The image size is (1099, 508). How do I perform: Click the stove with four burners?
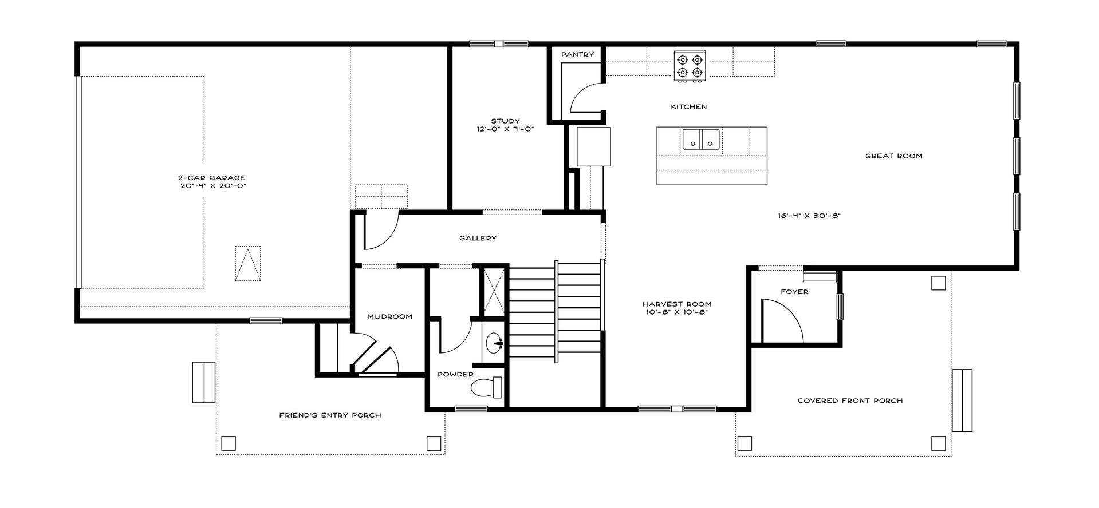point(690,66)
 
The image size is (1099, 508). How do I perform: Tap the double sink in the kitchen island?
point(701,139)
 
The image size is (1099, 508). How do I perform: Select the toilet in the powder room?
point(486,388)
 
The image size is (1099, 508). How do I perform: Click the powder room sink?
point(494,343)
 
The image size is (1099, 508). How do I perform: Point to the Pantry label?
point(577,54)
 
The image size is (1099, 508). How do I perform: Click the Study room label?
point(505,121)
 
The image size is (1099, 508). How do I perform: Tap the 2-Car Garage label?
point(211,178)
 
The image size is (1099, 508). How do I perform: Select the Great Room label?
point(893,156)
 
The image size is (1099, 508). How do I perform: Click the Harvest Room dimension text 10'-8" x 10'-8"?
point(676,312)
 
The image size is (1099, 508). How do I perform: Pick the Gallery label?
point(478,238)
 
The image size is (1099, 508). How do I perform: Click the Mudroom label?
point(389,316)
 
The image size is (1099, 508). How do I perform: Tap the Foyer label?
point(794,292)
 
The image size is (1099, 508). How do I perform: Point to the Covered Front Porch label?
point(850,400)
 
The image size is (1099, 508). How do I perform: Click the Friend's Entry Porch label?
point(330,415)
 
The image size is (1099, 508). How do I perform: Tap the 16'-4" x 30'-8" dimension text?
point(809,216)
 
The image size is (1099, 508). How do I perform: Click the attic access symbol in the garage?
point(248,263)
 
